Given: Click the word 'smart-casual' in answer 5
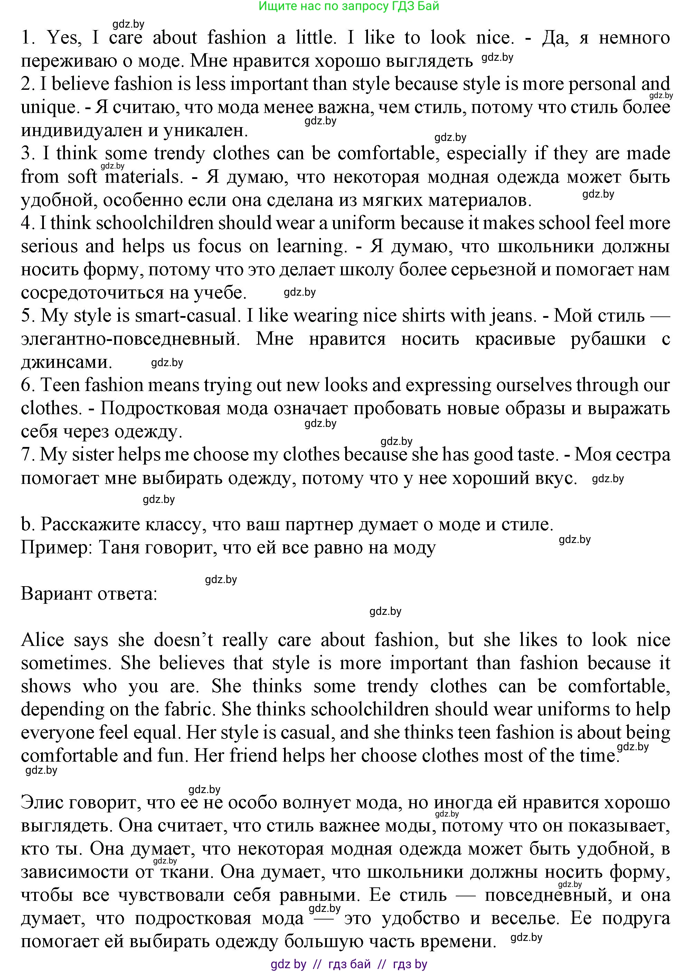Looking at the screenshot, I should pos(186,316).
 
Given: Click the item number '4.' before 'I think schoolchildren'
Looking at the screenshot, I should pos(28,223).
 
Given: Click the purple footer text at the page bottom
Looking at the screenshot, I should pos(349,964).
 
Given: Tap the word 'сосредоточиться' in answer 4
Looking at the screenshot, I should pos(78,293).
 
